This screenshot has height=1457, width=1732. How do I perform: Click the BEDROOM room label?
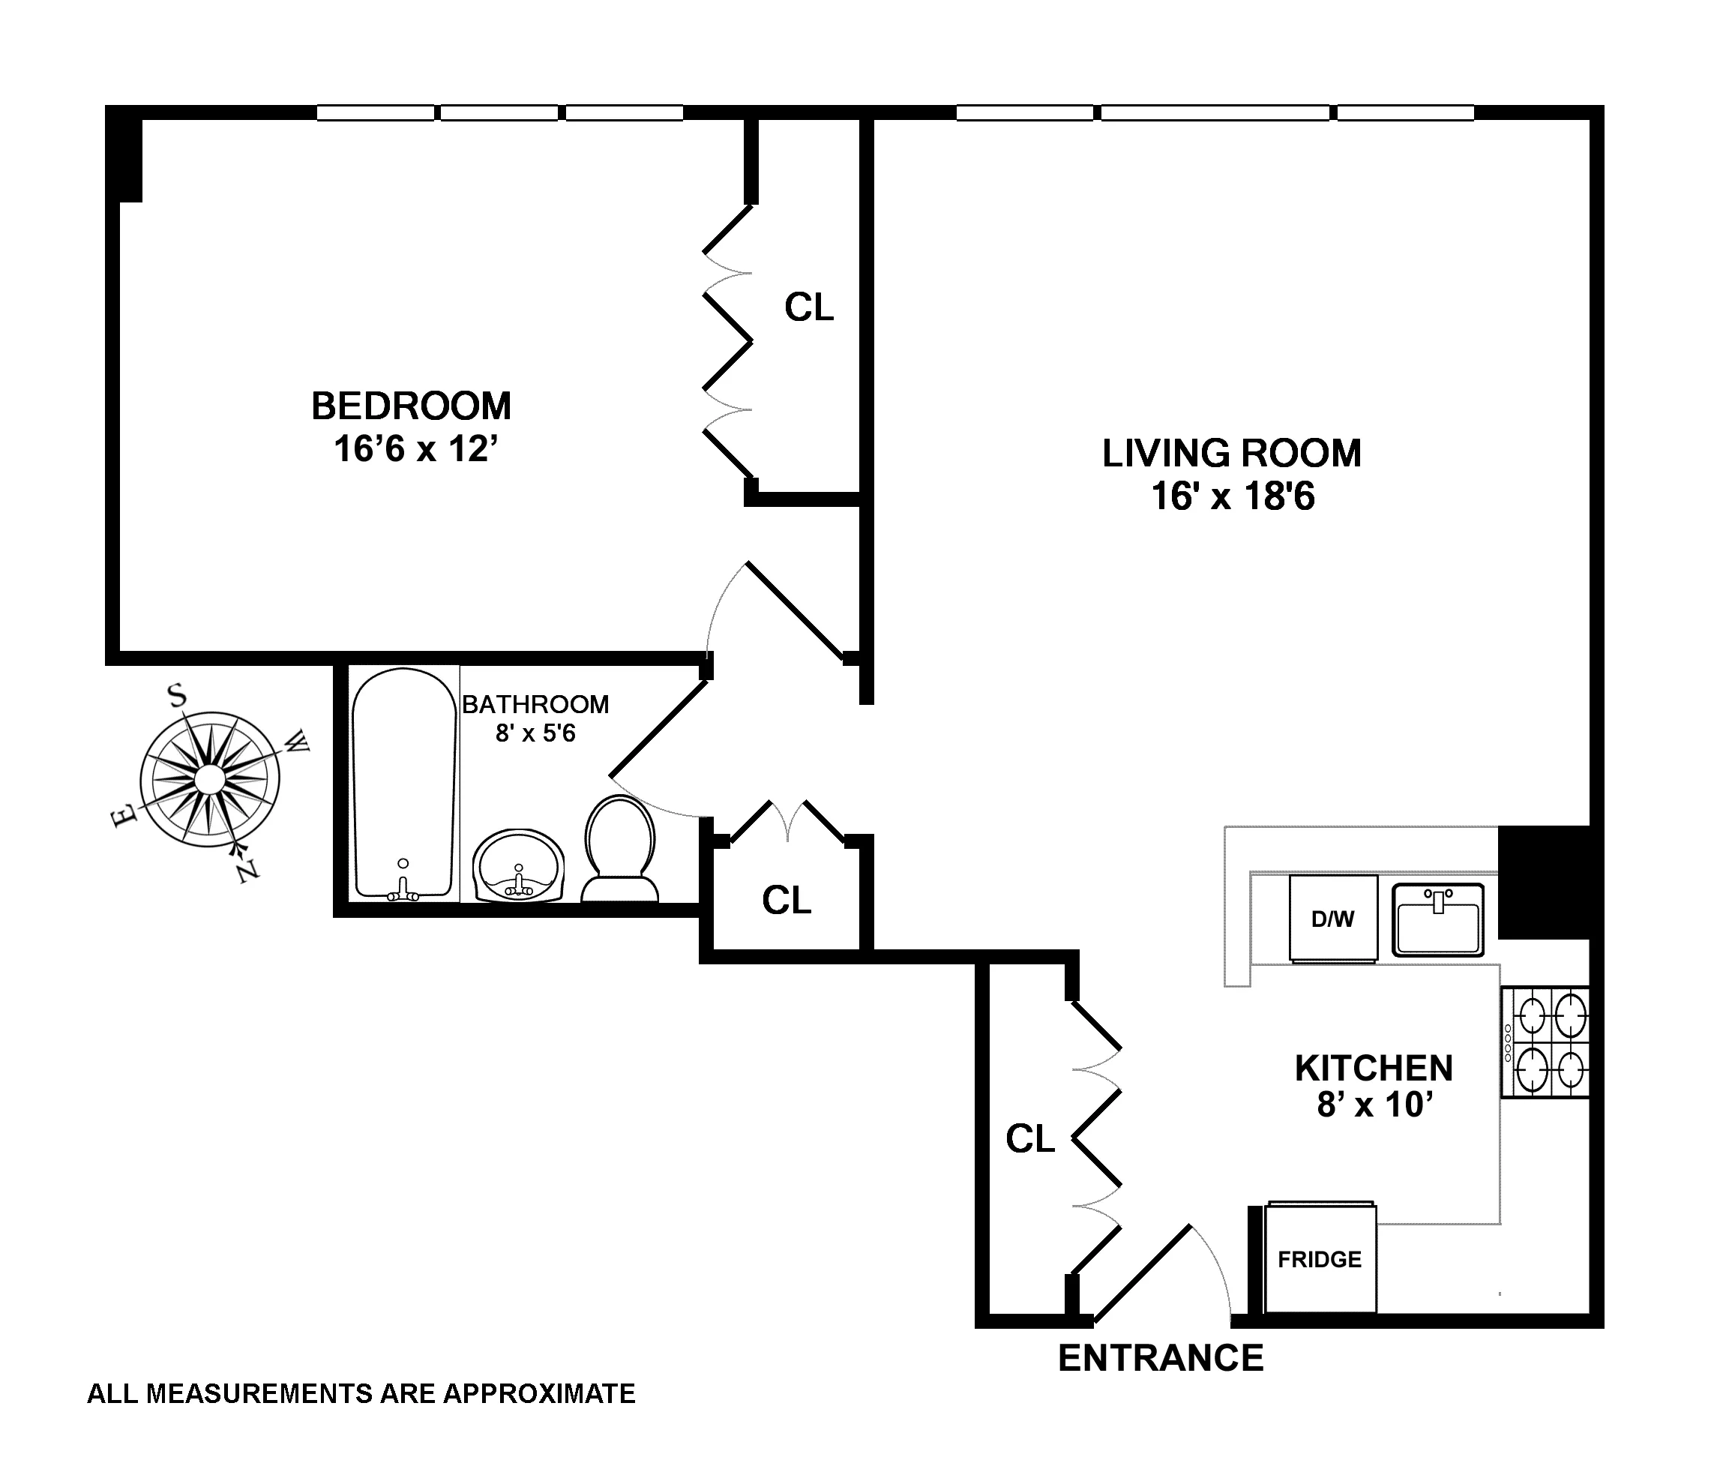(410, 406)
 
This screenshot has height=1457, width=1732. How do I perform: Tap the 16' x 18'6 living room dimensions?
(1233, 496)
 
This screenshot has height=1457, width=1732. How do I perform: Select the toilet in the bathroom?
(619, 848)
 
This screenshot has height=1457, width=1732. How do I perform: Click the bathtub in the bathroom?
(404, 784)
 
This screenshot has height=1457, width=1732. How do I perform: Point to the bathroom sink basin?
(519, 865)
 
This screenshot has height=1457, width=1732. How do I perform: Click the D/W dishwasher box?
(1333, 919)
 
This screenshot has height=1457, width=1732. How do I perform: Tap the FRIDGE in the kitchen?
(1319, 1260)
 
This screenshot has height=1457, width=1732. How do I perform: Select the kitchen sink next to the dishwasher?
(1438, 919)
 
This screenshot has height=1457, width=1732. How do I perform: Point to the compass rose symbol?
(210, 778)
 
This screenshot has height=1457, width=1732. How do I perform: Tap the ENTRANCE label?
(1161, 1358)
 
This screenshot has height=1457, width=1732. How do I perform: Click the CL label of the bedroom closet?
(808, 307)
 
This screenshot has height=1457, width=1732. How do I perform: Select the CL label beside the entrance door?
(1030, 1138)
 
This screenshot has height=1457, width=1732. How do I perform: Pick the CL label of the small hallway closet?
(787, 901)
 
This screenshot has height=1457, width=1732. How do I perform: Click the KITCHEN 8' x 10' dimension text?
(1374, 1104)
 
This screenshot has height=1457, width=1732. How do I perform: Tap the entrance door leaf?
(1142, 1273)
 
